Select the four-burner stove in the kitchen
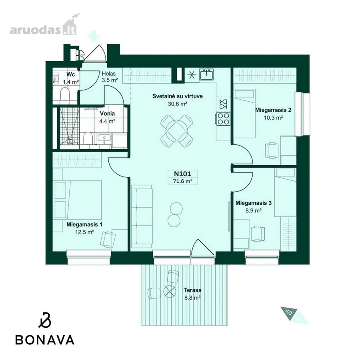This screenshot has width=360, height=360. [x=223, y=119]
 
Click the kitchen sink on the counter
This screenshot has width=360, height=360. [x=206, y=74]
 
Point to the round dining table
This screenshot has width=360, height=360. [x=177, y=131]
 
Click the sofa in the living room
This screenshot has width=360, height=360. [x=142, y=216]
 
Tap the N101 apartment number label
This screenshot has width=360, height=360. [x=182, y=174]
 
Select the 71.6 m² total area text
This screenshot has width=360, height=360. [x=182, y=181]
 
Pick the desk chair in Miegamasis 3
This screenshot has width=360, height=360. [x=258, y=234]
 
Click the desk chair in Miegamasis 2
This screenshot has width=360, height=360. [x=272, y=150]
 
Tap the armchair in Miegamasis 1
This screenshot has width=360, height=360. [x=108, y=239]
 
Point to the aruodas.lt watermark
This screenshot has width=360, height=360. [x=44, y=27]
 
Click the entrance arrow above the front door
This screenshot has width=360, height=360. [x=94, y=36]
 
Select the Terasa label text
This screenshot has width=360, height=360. [x=192, y=290]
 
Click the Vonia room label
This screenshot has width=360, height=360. [x=107, y=114]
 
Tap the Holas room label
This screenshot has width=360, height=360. [x=108, y=74]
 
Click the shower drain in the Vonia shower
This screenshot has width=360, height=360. [x=69, y=138]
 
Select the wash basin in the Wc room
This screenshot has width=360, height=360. [x=55, y=79]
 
